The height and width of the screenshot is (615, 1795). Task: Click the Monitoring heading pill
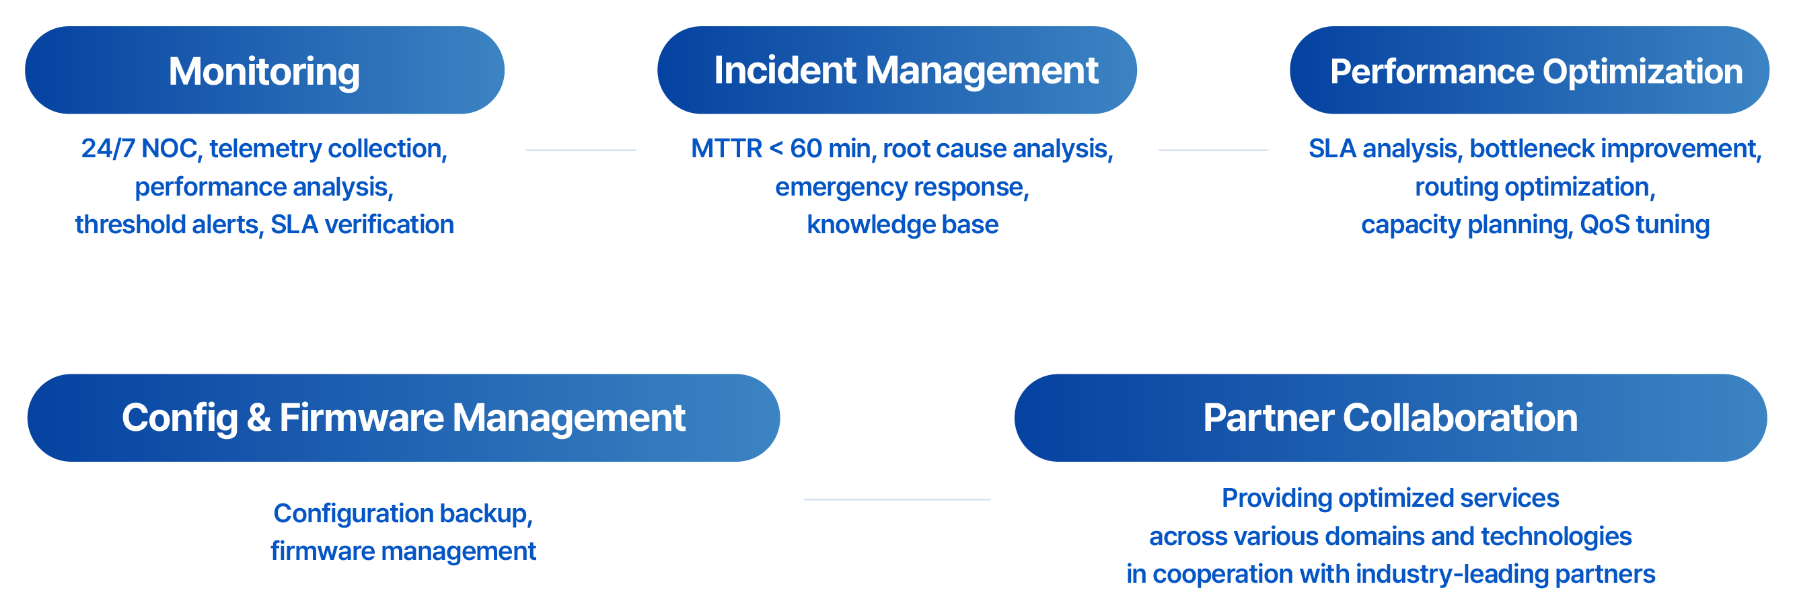264,71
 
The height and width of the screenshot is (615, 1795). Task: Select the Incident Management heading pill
897,71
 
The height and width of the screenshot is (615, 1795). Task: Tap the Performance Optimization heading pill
1529,71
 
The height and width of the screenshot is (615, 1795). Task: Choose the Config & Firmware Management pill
404,418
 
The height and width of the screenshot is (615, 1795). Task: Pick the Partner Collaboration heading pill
1390,418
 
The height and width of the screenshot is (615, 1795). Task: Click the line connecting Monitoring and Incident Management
581,150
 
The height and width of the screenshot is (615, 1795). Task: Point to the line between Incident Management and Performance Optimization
1213,150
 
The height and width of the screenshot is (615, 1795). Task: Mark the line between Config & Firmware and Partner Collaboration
897,499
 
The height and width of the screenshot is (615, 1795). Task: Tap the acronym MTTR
726,149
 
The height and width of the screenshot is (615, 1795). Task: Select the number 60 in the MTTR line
805,149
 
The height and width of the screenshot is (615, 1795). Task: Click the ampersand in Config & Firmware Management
258,418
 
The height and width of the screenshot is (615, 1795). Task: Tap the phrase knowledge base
902,225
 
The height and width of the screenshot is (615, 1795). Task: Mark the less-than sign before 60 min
776,149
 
